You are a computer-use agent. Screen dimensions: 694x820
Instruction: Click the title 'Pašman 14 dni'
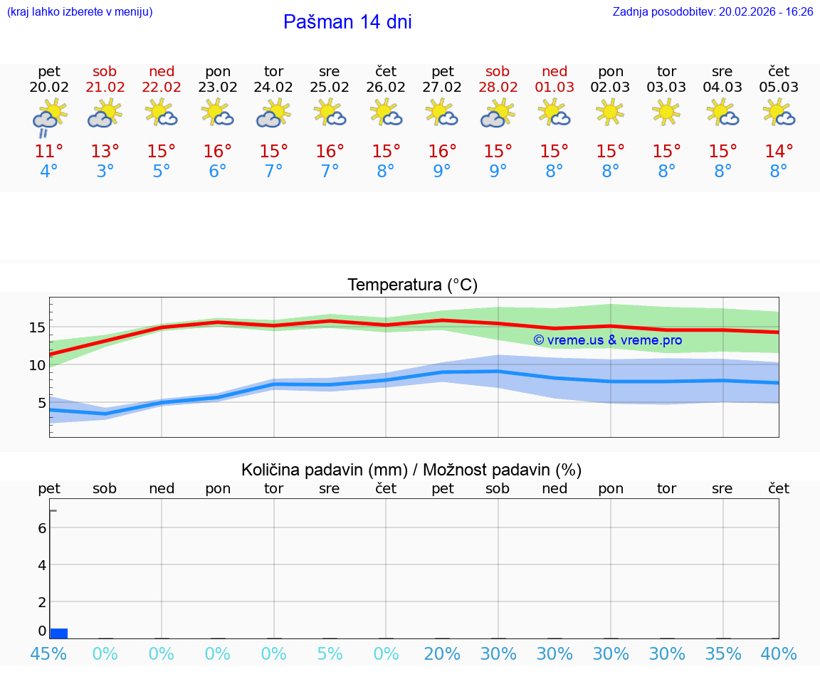[347, 22]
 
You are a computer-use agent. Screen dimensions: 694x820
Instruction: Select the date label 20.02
[49, 88]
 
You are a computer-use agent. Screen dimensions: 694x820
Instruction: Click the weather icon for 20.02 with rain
[49, 117]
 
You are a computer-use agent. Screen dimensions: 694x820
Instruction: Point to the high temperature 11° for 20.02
[49, 152]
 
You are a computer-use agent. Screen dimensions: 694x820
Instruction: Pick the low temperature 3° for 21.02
[105, 172]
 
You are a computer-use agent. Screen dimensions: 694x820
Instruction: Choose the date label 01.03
[554, 88]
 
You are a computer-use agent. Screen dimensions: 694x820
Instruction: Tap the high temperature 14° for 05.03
[779, 152]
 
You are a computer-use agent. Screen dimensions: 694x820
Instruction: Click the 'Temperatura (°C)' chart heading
[412, 285]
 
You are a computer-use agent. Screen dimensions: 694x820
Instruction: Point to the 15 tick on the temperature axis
[37, 327]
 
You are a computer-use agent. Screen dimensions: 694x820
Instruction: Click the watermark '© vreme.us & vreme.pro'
[608, 340]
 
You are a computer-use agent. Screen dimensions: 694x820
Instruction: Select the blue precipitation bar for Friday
[59, 633]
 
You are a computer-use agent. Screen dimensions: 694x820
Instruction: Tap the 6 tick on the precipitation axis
[42, 528]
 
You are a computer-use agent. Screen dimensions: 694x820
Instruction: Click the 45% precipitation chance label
[49, 653]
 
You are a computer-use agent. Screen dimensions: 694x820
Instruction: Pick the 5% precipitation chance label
[330, 653]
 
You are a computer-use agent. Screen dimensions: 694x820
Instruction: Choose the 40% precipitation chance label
[779, 653]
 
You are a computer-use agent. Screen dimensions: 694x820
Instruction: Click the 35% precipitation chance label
[723, 653]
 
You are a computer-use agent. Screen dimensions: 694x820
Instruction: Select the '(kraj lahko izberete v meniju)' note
[80, 12]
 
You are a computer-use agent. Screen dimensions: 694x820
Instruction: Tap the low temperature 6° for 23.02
[218, 172]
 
